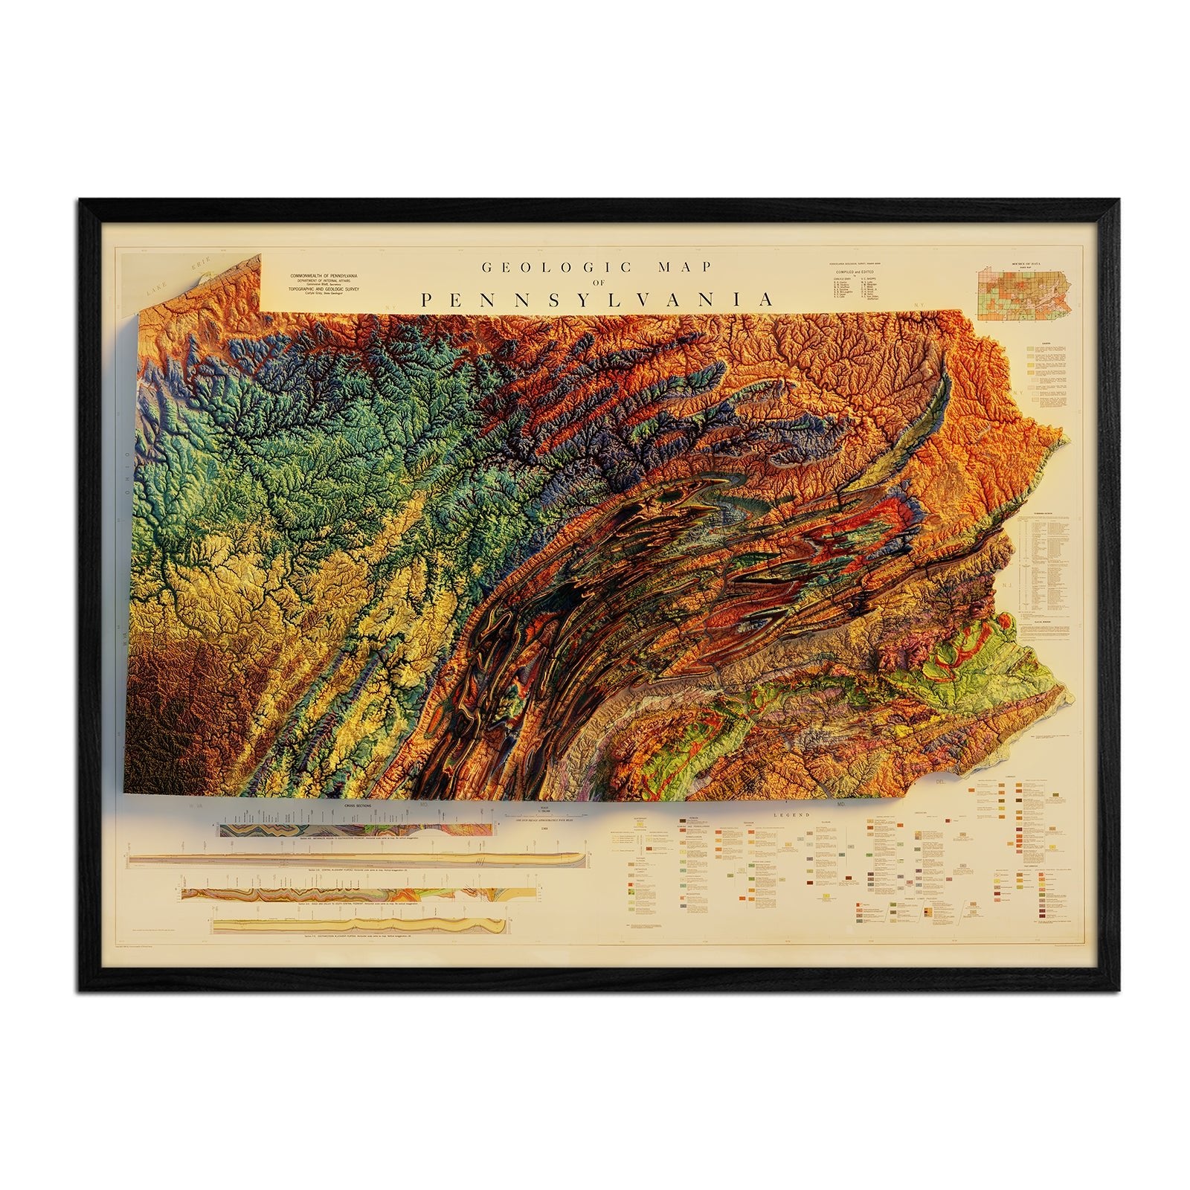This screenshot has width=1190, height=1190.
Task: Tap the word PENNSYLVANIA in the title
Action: [x=595, y=300]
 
